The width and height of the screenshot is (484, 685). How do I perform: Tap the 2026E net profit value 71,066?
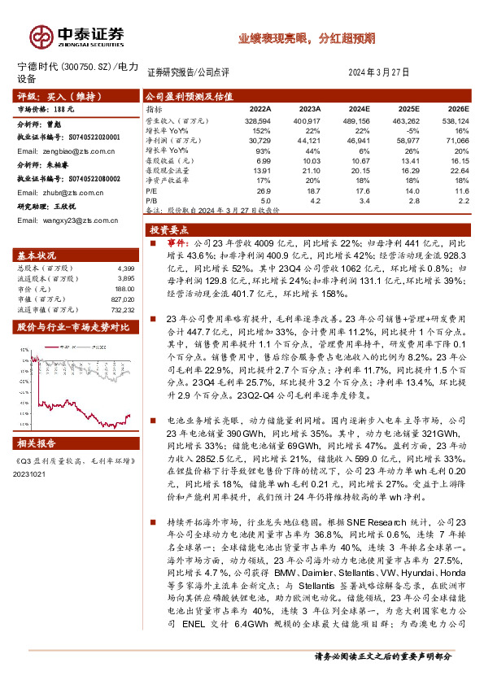click(456, 140)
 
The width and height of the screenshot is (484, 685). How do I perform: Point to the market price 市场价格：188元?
click(46, 107)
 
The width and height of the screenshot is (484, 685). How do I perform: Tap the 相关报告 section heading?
click(38, 443)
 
